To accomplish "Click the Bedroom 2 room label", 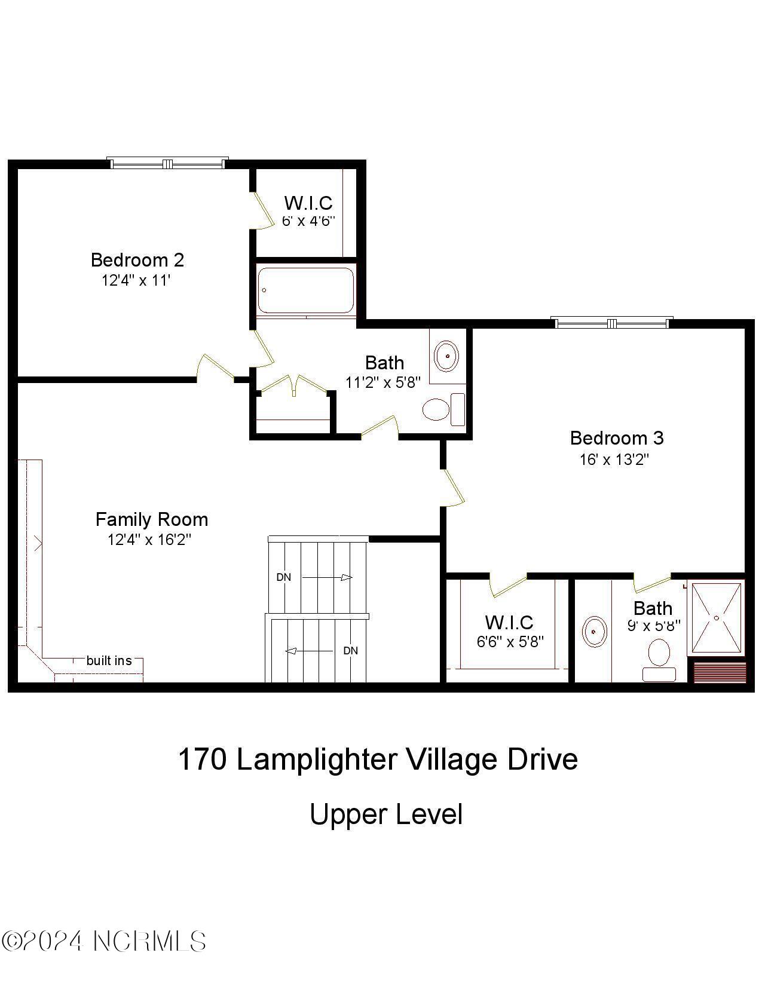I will tap(137, 260).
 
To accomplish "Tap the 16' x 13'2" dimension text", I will tap(614, 460).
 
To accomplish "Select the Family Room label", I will tap(152, 519).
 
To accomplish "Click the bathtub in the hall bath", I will tap(305, 290).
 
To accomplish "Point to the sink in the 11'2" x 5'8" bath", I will tap(446, 356).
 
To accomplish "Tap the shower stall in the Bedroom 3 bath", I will tap(717, 618).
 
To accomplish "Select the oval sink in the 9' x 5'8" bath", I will tap(593, 631).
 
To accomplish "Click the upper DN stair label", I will tap(283, 577).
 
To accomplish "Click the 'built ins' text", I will tap(109, 660).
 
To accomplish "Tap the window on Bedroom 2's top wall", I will tap(167, 163).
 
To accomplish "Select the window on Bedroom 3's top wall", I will tap(612, 323).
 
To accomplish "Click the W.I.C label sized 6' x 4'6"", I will tap(308, 203).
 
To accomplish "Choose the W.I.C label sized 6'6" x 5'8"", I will tap(509, 623).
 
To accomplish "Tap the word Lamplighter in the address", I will tap(317, 760).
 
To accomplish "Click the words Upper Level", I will tap(386, 814).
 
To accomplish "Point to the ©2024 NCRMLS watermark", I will tap(104, 942).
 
